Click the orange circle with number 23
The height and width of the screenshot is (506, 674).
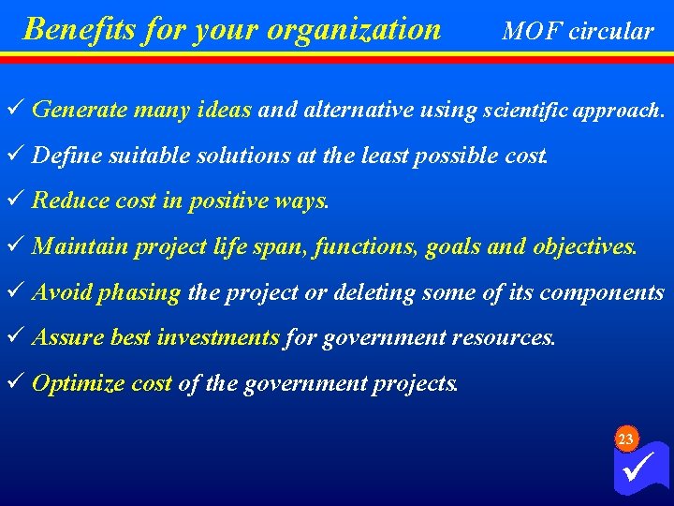[x=626, y=439]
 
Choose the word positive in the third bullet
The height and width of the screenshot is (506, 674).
[x=227, y=201]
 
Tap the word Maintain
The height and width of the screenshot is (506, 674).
[x=80, y=246]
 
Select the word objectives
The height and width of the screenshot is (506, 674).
[x=585, y=246]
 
